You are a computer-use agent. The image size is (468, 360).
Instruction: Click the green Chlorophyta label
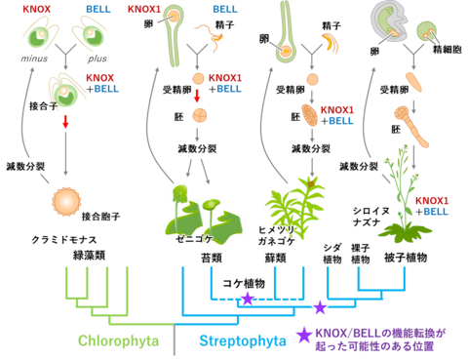(x=118, y=340)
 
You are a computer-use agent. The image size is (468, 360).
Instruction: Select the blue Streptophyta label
(x=243, y=340)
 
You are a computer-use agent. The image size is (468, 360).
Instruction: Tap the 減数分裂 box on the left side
(x=25, y=166)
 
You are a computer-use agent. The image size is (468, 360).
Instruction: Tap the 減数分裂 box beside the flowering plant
(x=358, y=166)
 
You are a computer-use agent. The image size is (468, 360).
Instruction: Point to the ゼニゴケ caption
(x=194, y=237)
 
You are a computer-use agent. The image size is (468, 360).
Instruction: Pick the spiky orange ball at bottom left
(x=66, y=201)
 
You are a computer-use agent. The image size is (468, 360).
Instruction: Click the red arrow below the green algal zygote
(x=66, y=123)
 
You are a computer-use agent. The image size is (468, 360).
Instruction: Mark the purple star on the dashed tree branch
(x=248, y=298)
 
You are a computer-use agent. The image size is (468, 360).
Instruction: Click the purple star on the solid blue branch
(x=320, y=306)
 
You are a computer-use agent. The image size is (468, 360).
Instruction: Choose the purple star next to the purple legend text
(x=304, y=336)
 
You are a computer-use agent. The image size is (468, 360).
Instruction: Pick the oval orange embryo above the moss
(x=310, y=115)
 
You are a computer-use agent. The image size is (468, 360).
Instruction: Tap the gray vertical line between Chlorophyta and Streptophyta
(x=175, y=340)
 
